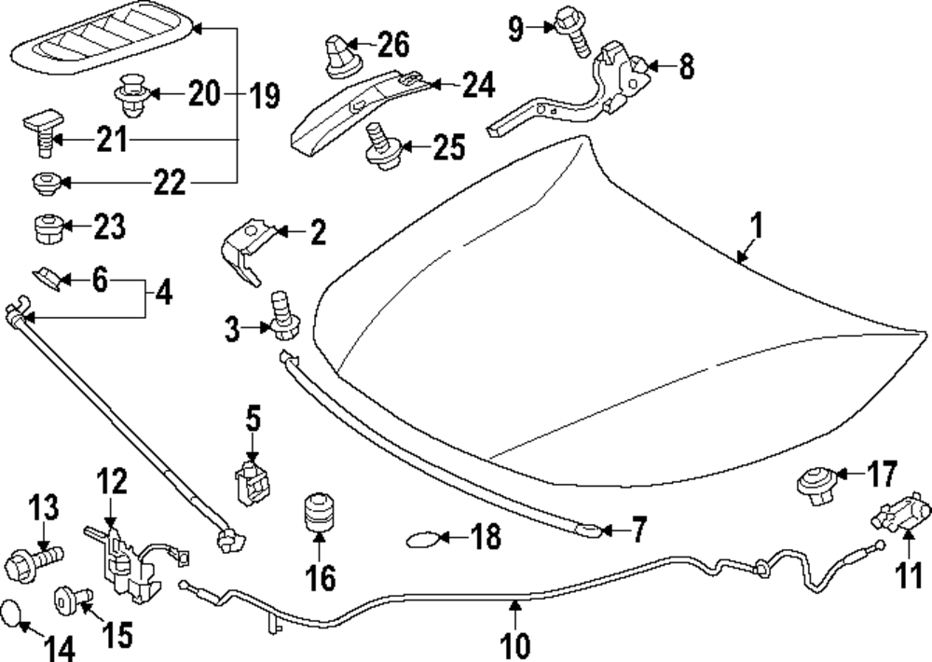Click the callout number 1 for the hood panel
[x=757, y=225]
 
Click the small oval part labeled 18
[x=423, y=539]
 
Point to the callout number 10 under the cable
[x=515, y=642]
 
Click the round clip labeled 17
[x=816, y=485]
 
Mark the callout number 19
[x=264, y=94]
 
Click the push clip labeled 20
[x=131, y=94]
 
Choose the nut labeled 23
[x=47, y=228]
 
